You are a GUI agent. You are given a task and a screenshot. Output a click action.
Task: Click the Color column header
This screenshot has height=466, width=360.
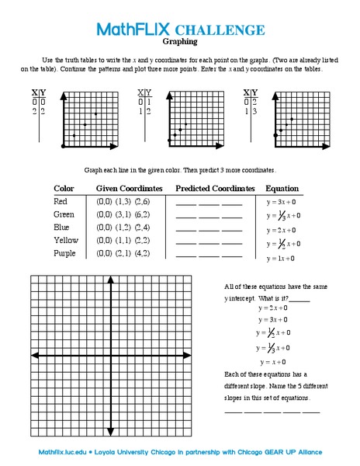(x=64, y=189)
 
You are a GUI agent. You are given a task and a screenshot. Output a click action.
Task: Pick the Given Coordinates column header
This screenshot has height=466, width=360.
(x=129, y=189)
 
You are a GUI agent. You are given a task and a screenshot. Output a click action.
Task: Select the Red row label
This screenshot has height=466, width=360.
(x=61, y=201)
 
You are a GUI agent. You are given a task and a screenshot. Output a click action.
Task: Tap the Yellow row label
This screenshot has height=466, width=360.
(x=65, y=240)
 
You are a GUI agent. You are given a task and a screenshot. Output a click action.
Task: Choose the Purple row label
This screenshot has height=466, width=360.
(x=65, y=253)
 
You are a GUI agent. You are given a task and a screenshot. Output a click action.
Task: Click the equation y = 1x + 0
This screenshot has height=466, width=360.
(x=282, y=258)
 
